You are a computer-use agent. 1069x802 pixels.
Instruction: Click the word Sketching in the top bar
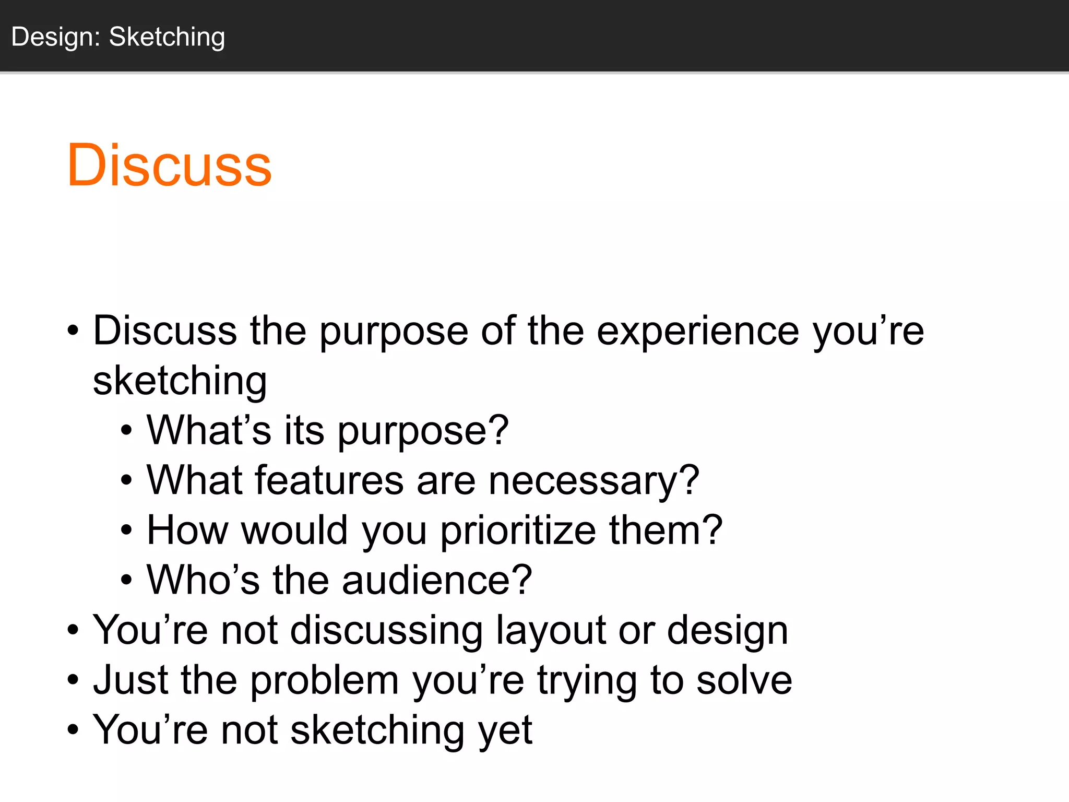(x=167, y=37)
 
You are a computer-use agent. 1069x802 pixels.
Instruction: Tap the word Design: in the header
(x=56, y=37)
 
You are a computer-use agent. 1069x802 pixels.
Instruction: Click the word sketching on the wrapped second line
(x=180, y=381)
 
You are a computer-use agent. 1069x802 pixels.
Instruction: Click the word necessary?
(x=593, y=480)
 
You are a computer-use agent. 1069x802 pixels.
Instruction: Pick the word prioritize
(x=518, y=530)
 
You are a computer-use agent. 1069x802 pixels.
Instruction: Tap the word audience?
(x=437, y=580)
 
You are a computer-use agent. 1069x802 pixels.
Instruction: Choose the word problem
(x=325, y=680)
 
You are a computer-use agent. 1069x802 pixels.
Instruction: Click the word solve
(x=744, y=680)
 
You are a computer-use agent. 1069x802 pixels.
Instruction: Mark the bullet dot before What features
(x=126, y=481)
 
